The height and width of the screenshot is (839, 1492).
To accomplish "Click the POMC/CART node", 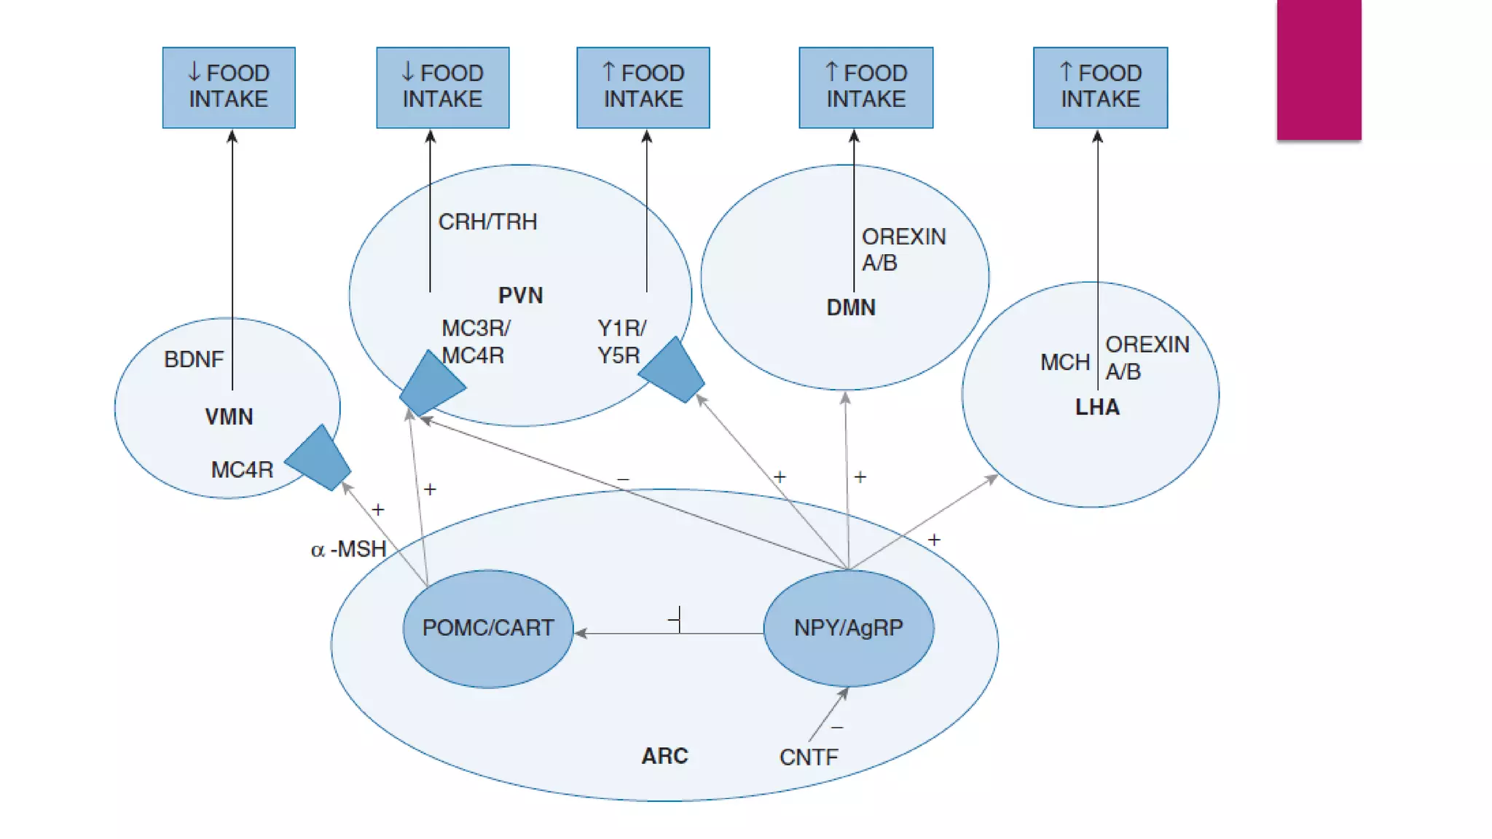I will coord(487,628).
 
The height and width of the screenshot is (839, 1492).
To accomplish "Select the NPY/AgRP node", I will coord(848,628).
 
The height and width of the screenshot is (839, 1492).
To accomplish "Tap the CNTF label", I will coord(809,757).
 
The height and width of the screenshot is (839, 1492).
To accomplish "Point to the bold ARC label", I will coord(664,756).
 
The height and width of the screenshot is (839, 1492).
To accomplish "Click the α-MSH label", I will coord(348,549).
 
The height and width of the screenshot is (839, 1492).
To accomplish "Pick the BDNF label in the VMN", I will coord(194,360).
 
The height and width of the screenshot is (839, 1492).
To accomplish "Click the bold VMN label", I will coord(229,417).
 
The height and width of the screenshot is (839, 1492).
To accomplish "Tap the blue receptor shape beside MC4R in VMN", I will coord(319,459).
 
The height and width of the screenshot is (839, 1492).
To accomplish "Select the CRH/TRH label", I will coord(487,222).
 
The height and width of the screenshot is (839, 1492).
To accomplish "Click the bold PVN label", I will coord(520,296).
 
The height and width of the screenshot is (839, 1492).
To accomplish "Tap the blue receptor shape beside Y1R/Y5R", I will coord(673,371).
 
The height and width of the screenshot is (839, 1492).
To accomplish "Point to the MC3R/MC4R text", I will coord(475,342).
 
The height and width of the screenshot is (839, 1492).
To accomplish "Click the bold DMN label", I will coord(851,307).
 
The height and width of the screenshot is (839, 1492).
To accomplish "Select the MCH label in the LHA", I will coord(1064,362).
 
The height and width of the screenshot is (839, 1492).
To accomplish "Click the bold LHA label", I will coord(1097,407).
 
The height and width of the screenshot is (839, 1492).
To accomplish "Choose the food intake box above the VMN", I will coord(229,87).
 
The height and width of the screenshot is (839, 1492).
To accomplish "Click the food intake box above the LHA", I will coord(1100,87).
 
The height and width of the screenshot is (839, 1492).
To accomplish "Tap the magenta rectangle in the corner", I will coord(1319,69).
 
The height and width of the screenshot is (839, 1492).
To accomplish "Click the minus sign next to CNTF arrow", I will coord(837,728).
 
